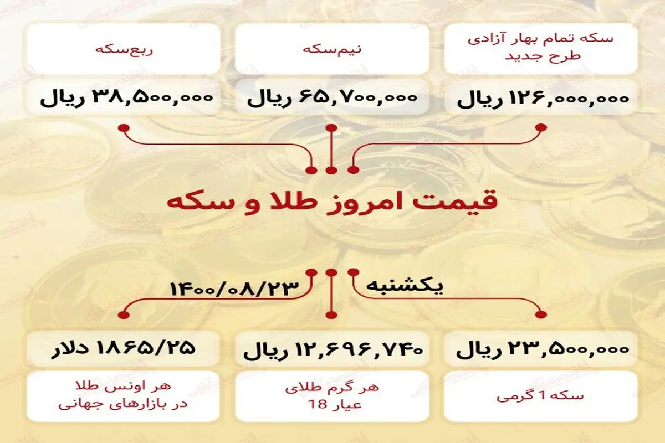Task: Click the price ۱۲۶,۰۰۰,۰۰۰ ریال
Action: pos(543,99)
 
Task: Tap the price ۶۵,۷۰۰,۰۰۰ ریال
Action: pos(332,98)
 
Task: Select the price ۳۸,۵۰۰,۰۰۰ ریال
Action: pos(126,98)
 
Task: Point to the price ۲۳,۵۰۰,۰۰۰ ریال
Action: pos(543,349)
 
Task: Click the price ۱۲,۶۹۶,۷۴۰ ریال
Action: pos(333,349)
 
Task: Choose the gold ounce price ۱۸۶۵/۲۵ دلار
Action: pos(123,348)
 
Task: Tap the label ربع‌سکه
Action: pos(124,49)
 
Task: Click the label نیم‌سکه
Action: pos(332,49)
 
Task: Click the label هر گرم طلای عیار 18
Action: pos(332,396)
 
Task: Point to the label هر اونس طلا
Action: pos(124,387)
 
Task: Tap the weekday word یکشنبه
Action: pos(405,286)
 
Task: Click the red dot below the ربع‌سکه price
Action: pos(124,128)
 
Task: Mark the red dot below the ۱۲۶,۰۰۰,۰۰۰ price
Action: pos(541,127)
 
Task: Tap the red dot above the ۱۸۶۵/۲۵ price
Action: pos(124,315)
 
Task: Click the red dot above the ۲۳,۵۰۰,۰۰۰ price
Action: pos(541,315)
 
